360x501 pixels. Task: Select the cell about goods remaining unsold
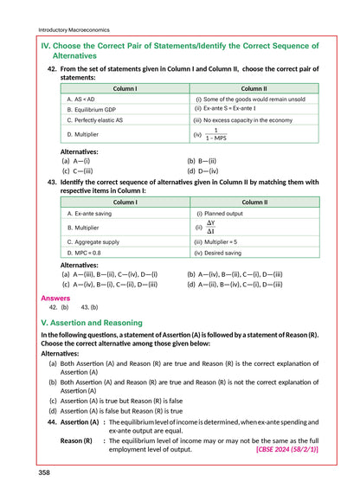(251, 100)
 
